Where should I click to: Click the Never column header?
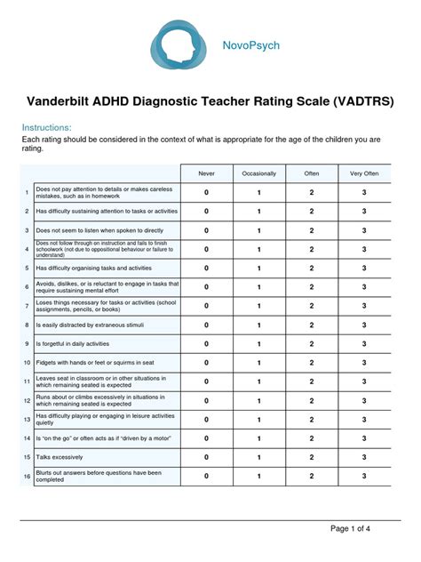pos(207,173)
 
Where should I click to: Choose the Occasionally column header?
pos(259,173)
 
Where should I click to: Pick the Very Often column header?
pos(364,173)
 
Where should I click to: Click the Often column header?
pos(312,173)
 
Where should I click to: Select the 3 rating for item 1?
pos(364,192)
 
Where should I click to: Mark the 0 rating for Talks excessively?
pos(207,458)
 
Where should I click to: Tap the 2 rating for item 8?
pos(312,325)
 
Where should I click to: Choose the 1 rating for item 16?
pos(259,477)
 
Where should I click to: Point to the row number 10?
pos(27,363)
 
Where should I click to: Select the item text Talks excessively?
pos(60,458)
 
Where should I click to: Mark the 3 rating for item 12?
pos(364,401)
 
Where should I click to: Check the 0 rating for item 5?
pos(207,268)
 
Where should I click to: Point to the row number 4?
pos(27,249)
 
